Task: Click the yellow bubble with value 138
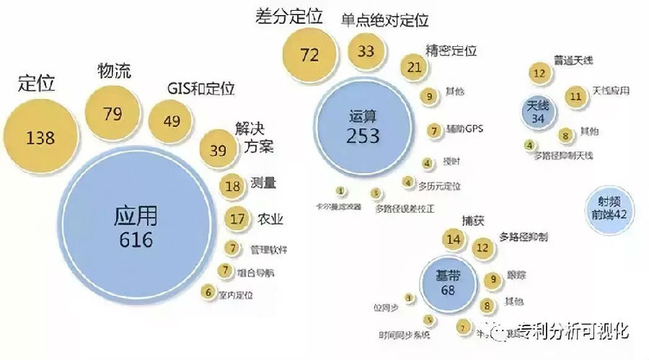pyautogui.click(x=40, y=136)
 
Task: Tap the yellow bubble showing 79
pyautogui.click(x=112, y=114)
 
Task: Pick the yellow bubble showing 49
pyautogui.click(x=172, y=120)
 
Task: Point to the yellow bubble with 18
pyautogui.click(x=233, y=185)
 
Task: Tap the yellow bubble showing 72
pyautogui.click(x=310, y=56)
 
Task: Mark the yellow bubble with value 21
pyautogui.click(x=414, y=68)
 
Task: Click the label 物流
pyautogui.click(x=113, y=71)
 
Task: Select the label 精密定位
pyautogui.click(x=452, y=51)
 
